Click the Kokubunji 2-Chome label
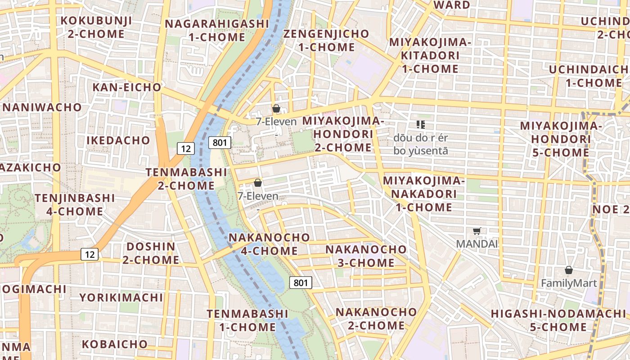(96, 27)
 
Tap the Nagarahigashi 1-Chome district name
(216, 30)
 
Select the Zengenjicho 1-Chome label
(326, 40)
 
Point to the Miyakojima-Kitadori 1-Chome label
(430, 55)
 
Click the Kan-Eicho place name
(127, 87)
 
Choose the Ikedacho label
(118, 140)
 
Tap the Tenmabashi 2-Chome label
(186, 179)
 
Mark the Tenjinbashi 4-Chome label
(75, 204)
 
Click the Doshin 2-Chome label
(151, 253)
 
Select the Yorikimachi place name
(121, 297)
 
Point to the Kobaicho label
(114, 344)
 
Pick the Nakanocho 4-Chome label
(269, 244)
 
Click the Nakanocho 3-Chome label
(366, 256)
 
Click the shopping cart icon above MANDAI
(477, 231)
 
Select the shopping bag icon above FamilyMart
(569, 270)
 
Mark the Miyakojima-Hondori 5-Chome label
(561, 139)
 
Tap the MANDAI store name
(477, 244)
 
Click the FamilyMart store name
(569, 283)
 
